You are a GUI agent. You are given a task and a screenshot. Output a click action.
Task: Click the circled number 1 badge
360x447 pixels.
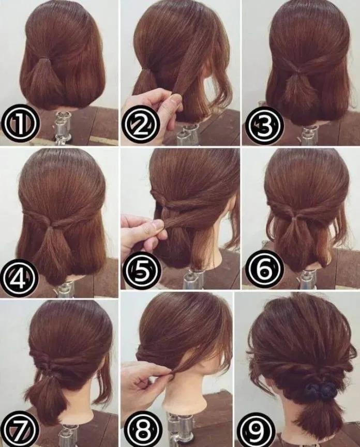point(20,125)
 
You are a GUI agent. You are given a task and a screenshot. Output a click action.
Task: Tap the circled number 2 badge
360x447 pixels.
point(140,125)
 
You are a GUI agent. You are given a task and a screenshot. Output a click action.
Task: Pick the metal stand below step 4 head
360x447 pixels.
point(66,287)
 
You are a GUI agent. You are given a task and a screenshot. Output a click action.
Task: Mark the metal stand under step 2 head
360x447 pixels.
point(187,134)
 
